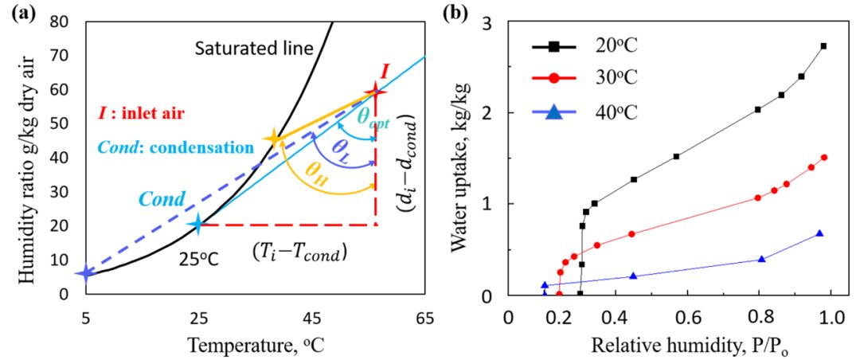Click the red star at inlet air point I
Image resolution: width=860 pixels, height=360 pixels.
375,93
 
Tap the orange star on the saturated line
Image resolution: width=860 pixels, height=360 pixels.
275,139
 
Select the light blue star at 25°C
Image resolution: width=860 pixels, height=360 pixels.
197,225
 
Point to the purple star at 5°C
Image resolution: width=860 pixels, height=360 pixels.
84,273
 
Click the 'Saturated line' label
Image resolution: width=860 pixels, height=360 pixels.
248,49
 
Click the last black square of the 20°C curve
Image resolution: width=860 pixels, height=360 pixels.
823,46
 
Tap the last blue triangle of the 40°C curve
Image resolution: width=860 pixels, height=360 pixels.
819,233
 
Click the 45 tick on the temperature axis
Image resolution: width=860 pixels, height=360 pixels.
311,317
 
